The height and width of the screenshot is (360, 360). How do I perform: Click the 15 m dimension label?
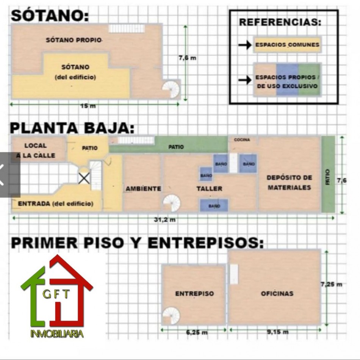point(88,106)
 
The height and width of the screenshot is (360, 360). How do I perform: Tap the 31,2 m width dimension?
point(164,220)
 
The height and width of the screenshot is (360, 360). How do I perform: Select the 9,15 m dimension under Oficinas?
point(277,332)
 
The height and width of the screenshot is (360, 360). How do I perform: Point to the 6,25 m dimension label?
point(197,332)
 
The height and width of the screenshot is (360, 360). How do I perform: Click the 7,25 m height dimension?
point(331,284)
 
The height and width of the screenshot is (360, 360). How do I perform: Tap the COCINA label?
point(242,139)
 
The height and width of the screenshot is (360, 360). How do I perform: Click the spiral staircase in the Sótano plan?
point(171,89)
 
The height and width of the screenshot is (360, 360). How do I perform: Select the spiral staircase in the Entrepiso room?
point(171,315)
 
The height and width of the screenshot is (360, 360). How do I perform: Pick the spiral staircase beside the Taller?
point(172,203)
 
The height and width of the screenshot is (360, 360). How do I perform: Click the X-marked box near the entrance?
point(84,178)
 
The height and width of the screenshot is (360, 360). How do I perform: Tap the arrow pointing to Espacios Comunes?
point(245,45)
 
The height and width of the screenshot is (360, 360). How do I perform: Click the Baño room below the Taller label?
point(214,205)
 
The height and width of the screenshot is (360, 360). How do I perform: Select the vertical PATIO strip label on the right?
point(328,177)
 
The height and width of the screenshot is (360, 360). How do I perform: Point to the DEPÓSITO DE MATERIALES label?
point(289,183)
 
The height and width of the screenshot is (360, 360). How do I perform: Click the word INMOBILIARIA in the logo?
point(57,333)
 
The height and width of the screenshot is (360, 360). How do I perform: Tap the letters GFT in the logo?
point(56,294)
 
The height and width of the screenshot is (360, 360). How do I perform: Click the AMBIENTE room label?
point(143,189)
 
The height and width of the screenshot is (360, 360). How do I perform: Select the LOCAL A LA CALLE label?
point(36,150)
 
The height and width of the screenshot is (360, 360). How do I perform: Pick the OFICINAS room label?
point(277,293)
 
